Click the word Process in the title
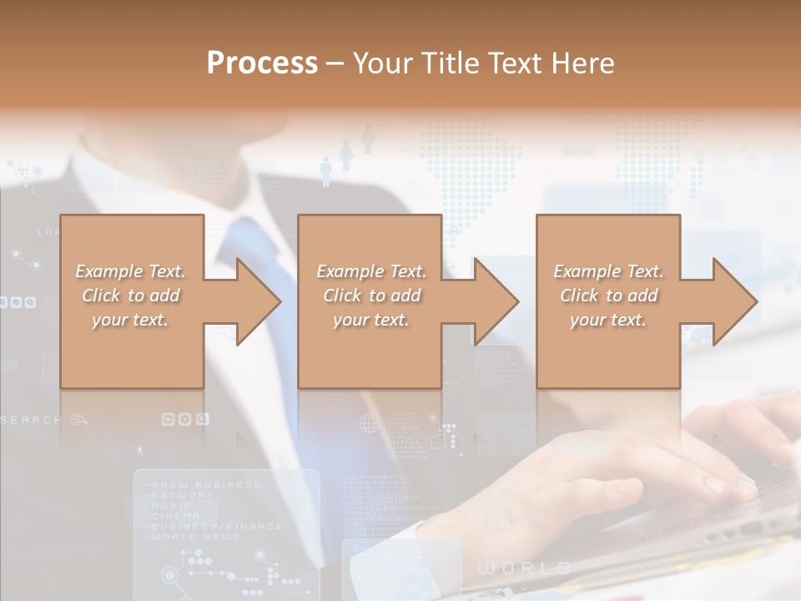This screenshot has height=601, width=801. point(262,63)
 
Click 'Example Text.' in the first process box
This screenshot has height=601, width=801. point(130,271)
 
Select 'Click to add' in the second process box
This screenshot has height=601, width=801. point(371,295)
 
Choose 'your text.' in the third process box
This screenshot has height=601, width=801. point(608,320)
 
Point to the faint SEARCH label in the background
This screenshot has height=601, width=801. point(32,420)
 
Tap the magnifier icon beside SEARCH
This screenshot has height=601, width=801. point(79,420)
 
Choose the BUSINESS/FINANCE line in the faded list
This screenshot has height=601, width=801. point(216,527)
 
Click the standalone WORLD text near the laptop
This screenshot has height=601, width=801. point(524,568)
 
